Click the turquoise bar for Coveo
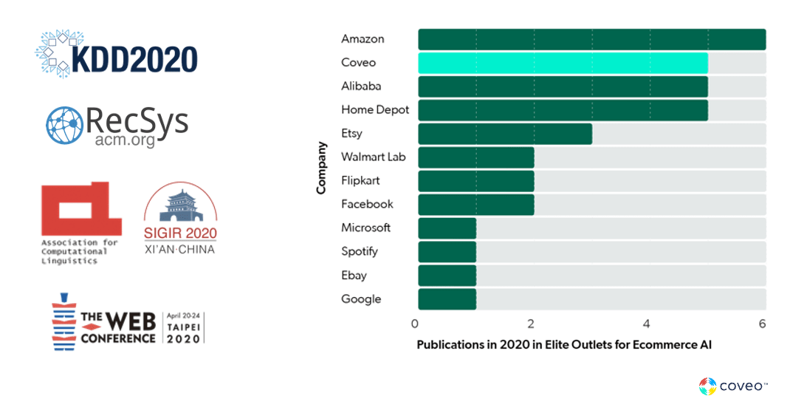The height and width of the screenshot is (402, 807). click(563, 63)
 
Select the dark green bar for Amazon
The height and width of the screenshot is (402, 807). click(591, 39)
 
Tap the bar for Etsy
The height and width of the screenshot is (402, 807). click(505, 134)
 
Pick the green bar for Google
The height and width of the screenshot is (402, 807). click(447, 299)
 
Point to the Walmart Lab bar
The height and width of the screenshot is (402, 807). click(475, 157)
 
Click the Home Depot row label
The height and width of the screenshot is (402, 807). click(374, 109)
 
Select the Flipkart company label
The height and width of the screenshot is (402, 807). click(360, 180)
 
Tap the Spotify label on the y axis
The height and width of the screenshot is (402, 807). click(359, 251)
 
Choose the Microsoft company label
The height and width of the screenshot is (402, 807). click(365, 228)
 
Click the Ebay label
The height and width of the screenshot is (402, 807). click(354, 275)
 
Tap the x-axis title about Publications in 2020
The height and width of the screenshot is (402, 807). click(564, 345)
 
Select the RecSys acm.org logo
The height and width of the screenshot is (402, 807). click(117, 125)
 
